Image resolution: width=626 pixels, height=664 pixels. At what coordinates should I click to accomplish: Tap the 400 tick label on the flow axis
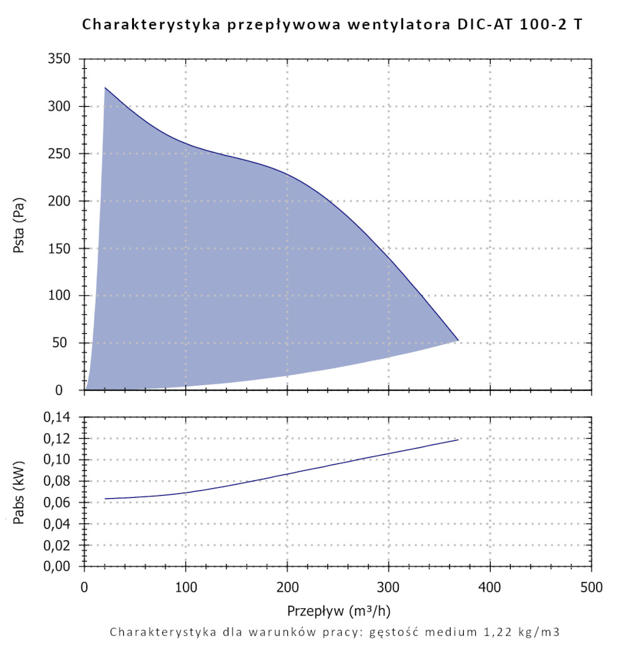490,588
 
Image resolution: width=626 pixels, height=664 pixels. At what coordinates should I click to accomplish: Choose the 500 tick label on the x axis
592,588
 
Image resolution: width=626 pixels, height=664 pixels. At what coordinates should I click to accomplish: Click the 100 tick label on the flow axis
186,588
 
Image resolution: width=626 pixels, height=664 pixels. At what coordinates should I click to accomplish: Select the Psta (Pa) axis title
19,224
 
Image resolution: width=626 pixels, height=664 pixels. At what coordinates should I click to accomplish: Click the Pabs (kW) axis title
19,491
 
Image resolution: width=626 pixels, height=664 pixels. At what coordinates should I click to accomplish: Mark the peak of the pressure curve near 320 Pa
105,88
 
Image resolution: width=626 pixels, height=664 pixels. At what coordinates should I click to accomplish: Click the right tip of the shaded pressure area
458,340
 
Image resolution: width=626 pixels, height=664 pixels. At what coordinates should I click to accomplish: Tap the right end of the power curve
459,440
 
